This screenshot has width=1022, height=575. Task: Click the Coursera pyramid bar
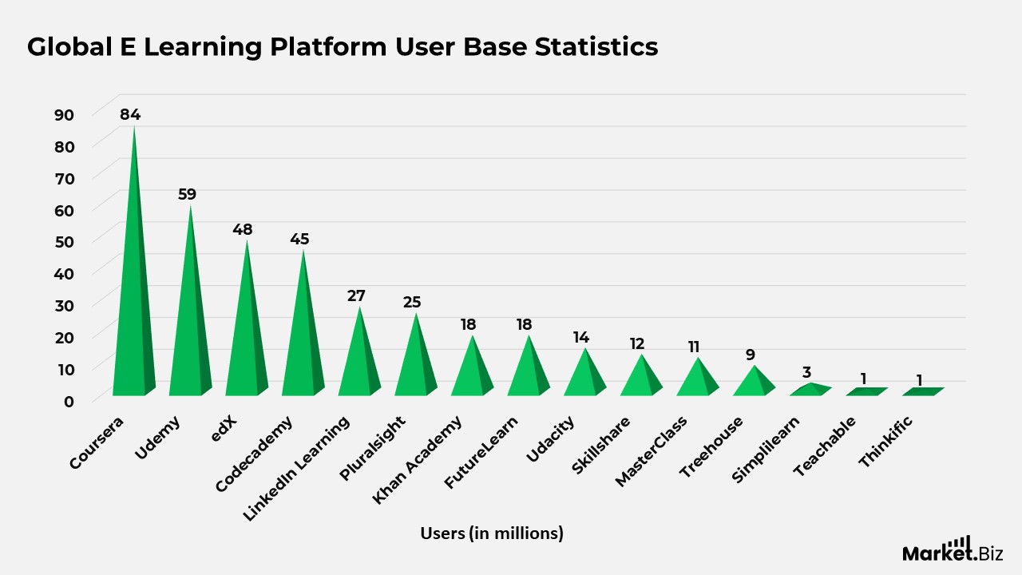click(133, 319)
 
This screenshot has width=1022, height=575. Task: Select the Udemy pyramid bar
click(189, 335)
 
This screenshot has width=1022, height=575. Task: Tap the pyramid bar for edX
click(246, 343)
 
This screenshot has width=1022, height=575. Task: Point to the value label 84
click(130, 114)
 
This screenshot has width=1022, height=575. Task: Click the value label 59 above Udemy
click(187, 194)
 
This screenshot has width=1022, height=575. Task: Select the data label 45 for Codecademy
click(299, 239)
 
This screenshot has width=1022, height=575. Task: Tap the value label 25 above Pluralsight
click(412, 302)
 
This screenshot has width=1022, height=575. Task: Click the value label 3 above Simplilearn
click(806, 372)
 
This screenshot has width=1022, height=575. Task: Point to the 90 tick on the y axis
click(64, 114)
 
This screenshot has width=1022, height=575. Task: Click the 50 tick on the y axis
click(64, 241)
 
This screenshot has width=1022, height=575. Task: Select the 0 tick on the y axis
click(69, 401)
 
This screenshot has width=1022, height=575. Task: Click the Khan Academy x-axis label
click(418, 458)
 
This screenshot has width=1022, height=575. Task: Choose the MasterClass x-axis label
click(652, 451)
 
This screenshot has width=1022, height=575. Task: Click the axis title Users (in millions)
click(492, 533)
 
